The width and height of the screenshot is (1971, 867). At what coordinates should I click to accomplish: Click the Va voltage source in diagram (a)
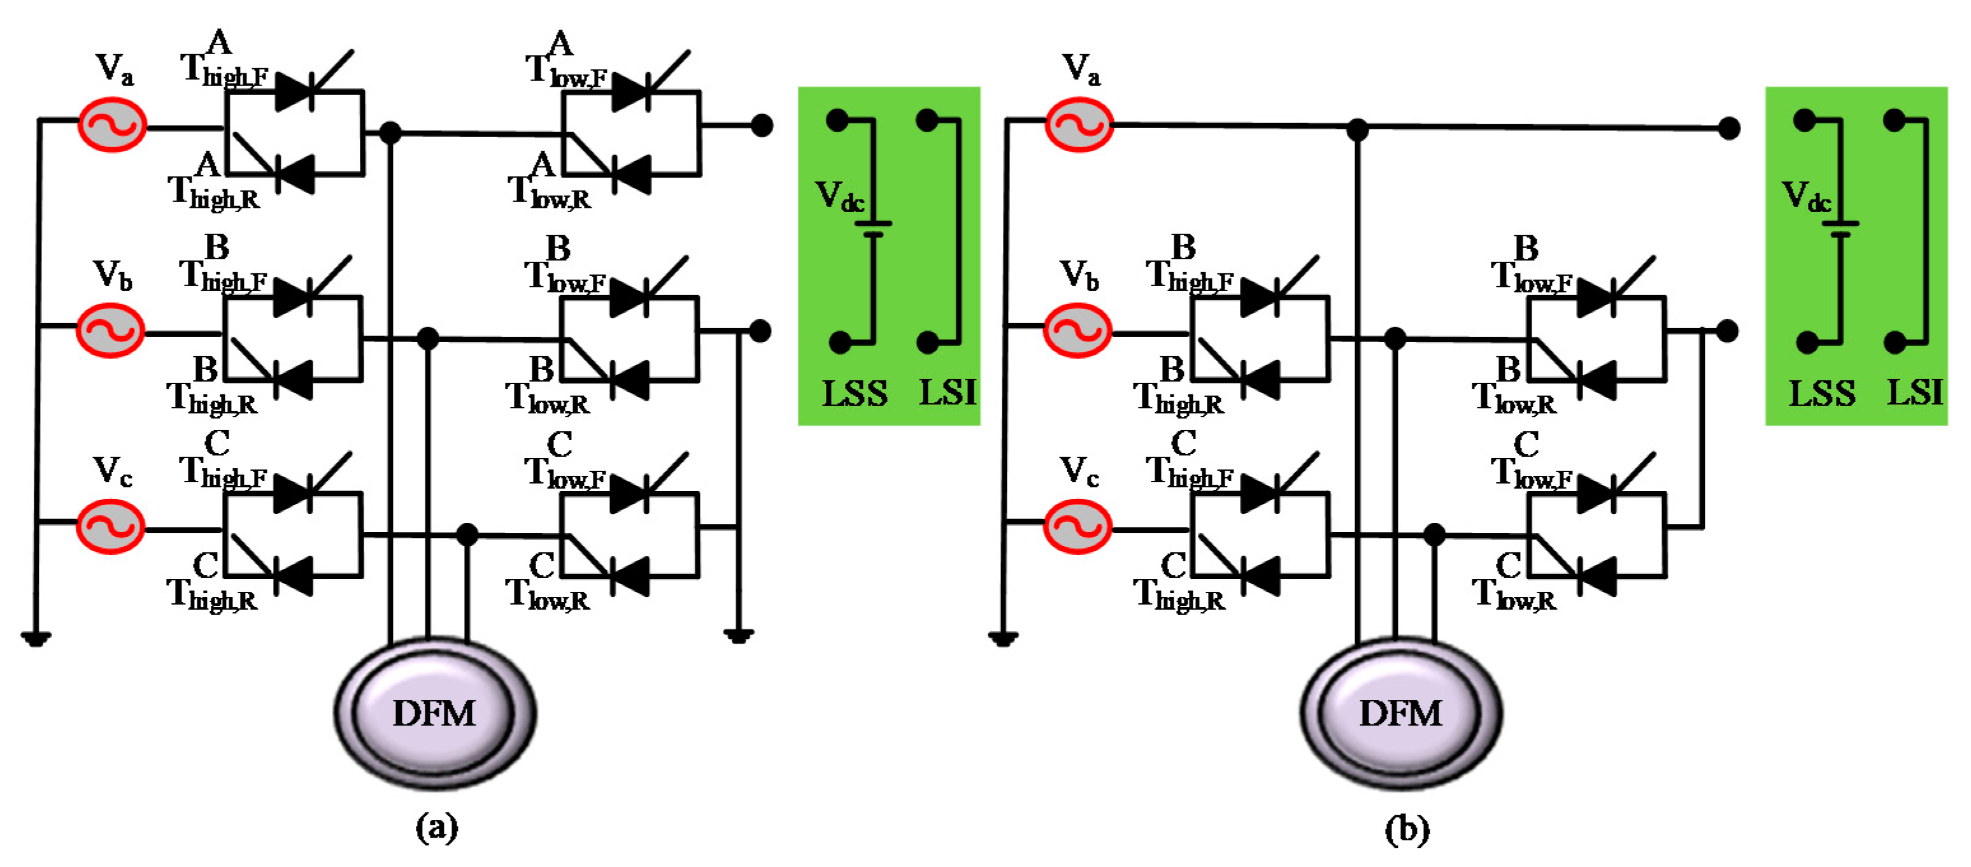113,125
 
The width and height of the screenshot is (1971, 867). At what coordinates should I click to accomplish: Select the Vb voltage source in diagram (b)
1078,330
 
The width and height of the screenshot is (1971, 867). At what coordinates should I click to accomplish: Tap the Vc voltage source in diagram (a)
111,526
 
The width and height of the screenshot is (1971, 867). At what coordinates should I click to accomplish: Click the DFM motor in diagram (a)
434,713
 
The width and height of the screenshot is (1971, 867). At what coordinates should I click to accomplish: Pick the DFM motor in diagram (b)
1400,713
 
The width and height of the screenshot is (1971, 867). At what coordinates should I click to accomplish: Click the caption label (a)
437,828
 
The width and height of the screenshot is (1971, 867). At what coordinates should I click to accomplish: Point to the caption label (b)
1406,829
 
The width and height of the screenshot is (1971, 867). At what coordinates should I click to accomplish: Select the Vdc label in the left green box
839,197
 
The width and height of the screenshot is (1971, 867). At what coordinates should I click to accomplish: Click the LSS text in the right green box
1822,393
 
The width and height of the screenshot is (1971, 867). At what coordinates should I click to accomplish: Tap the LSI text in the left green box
947,392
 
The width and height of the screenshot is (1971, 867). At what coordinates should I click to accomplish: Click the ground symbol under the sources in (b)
1002,638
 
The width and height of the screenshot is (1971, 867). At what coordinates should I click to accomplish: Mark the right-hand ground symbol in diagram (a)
738,635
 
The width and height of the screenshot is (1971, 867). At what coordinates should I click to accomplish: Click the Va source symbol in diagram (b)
1079,125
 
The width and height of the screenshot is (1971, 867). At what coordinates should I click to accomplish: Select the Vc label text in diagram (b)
1078,471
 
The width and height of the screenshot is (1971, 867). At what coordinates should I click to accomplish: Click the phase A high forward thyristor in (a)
295,92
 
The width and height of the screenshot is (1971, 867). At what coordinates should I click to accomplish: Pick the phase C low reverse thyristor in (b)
1596,575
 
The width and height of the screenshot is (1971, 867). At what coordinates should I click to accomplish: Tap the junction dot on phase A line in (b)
1357,129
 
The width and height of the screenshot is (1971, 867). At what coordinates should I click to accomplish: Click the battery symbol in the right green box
1840,228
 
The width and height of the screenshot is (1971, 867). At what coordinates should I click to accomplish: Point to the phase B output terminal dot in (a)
760,331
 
